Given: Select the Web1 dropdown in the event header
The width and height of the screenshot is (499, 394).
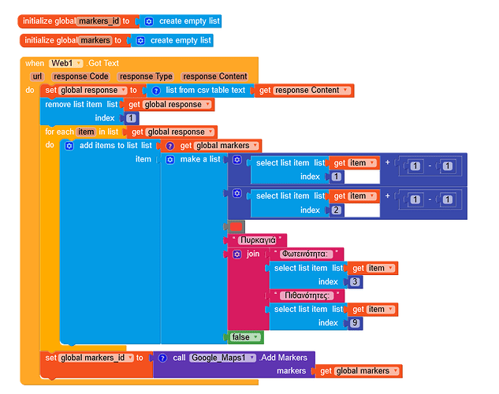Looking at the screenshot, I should (x=67, y=63).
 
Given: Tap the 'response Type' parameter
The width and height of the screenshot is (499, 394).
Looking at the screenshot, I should (x=145, y=76).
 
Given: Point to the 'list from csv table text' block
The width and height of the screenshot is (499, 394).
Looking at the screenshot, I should (x=205, y=91).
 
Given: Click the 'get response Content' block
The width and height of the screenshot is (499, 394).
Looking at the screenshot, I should (x=303, y=91).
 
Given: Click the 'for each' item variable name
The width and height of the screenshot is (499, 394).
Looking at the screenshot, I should (x=85, y=132).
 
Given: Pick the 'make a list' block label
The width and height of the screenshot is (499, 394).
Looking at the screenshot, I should (x=200, y=159).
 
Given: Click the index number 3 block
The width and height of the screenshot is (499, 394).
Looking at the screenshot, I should (x=355, y=282).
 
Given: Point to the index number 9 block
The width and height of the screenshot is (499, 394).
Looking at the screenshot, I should (x=355, y=323).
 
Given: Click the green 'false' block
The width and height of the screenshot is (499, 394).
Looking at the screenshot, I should (x=241, y=337).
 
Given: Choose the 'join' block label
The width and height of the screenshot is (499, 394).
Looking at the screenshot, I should (x=252, y=254).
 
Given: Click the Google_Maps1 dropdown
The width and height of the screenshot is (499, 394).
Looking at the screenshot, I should (x=223, y=358).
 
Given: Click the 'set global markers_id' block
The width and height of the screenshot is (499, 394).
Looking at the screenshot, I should (x=91, y=358).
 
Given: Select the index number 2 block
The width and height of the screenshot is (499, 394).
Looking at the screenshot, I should (x=337, y=210).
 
